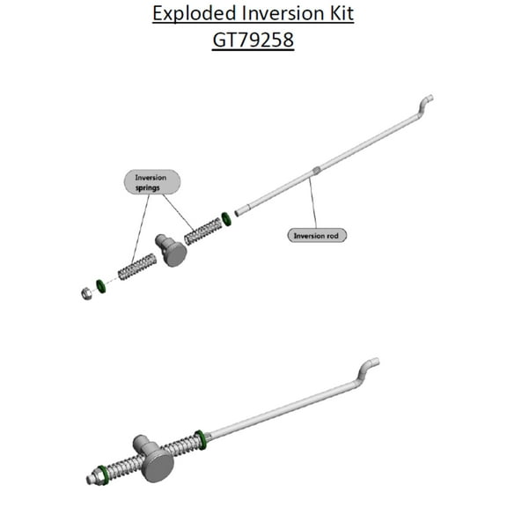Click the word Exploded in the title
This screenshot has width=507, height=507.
coord(189,15)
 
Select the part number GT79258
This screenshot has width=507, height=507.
coord(253,40)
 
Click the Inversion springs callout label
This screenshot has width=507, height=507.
coord(151,182)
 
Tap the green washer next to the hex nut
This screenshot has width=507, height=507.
coord(101,286)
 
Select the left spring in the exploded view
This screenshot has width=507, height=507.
coord(136,266)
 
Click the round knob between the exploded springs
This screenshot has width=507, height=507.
coord(173,250)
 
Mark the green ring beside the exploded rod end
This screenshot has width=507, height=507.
coord(228,217)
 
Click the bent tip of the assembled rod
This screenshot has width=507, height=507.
coord(369,364)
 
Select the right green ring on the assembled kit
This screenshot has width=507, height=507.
coord(201,437)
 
